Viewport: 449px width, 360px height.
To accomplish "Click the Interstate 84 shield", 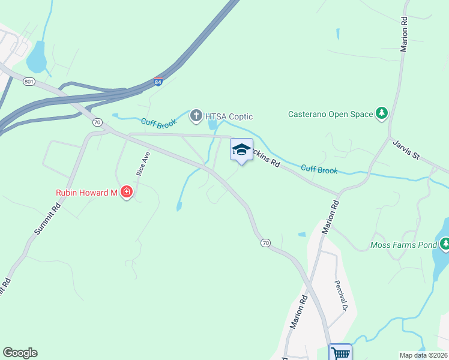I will point(158,82).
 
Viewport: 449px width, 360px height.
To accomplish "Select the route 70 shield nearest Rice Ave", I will point(97,122).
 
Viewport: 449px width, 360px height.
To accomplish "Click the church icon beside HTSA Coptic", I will point(196,116).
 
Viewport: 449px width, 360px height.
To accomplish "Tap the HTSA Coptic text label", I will point(229,116).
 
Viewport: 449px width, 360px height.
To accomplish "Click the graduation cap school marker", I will point(241,150).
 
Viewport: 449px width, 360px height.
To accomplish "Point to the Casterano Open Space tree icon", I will point(381,113).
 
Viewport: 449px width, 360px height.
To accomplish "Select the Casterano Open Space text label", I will point(330,113).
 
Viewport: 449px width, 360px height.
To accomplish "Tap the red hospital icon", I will point(126,193).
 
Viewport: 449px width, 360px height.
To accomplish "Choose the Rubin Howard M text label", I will point(87,193).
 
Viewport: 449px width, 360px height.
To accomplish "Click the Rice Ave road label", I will point(142,163).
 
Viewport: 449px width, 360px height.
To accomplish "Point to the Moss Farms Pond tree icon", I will point(445,244).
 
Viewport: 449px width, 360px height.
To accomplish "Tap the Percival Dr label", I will point(341,296).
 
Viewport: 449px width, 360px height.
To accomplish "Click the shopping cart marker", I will point(340,353).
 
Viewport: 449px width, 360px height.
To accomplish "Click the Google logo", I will point(20,353).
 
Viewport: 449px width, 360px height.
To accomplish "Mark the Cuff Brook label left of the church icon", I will point(157,123).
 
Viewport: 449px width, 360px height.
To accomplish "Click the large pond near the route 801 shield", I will point(36,57).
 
